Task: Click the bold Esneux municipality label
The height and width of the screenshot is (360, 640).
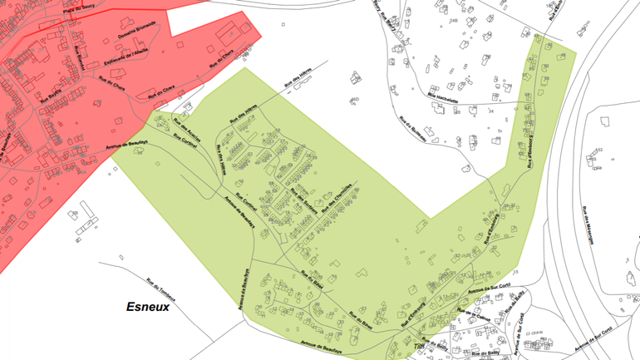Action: tap(148, 307)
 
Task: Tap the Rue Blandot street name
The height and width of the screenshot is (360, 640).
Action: tap(81, 58)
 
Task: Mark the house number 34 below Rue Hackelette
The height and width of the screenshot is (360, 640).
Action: tap(491, 111)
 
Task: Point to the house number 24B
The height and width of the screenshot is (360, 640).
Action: tap(453, 21)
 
